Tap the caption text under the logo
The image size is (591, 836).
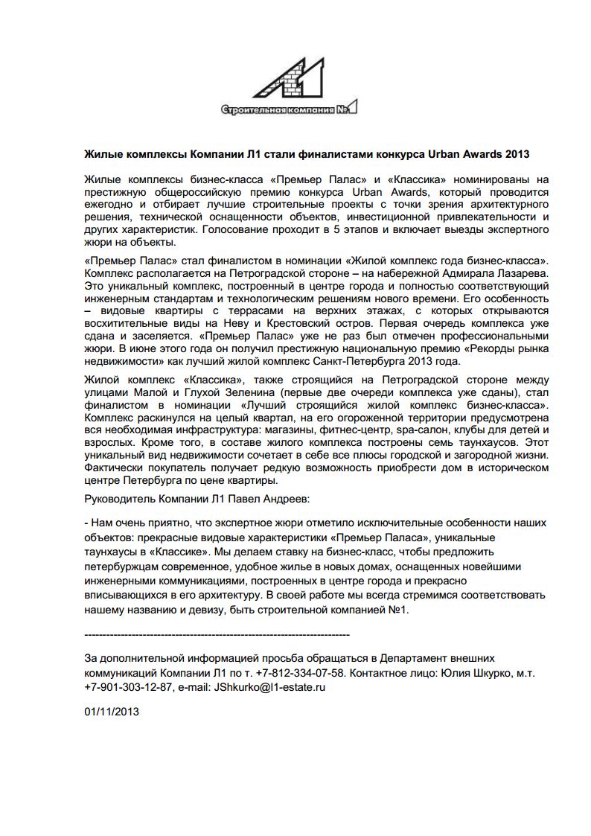(289, 110)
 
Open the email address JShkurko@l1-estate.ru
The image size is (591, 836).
(270, 686)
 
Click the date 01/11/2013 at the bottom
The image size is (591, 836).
(112, 712)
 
